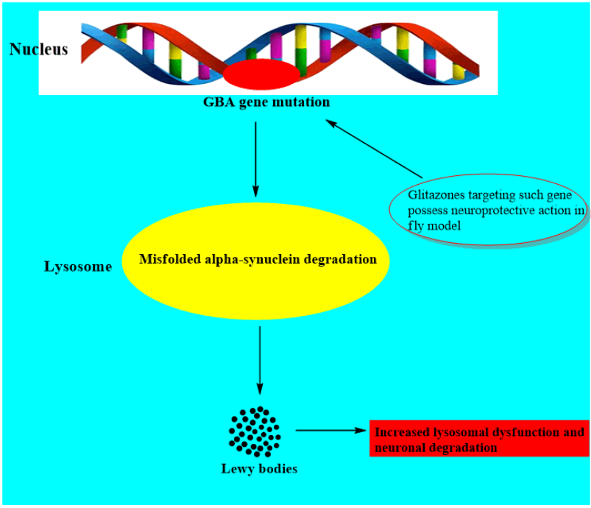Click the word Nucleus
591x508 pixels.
38,49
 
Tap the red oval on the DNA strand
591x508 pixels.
263,74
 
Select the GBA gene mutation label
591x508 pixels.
266,102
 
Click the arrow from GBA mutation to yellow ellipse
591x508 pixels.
255,158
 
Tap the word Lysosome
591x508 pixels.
78,267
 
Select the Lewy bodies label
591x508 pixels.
259,468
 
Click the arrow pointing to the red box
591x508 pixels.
331,431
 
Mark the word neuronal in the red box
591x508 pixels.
398,447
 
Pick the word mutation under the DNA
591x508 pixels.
302,102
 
